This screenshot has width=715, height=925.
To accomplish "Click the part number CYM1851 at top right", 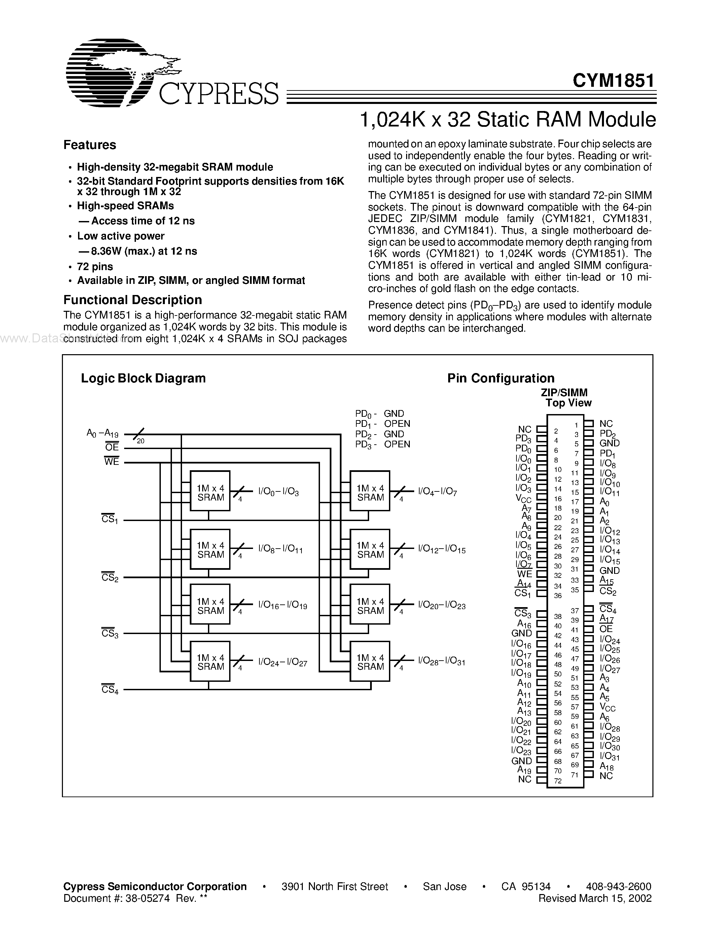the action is click(x=613, y=80).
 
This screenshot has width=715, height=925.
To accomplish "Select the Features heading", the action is click(x=90, y=145).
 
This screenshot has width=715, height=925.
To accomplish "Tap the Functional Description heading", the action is click(x=133, y=300).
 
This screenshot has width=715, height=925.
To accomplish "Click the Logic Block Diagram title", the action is click(x=143, y=378).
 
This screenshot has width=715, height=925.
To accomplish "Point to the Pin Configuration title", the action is click(x=501, y=378).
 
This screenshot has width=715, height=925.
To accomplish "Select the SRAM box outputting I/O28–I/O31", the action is click(x=370, y=661).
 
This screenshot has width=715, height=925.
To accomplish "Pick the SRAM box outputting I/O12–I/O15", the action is click(x=370, y=549).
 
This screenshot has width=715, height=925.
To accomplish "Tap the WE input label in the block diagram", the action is click(x=111, y=461).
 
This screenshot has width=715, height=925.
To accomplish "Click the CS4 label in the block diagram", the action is click(x=110, y=690).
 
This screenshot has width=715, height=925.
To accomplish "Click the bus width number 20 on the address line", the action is click(x=141, y=441).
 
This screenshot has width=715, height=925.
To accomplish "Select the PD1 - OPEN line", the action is click(x=383, y=424).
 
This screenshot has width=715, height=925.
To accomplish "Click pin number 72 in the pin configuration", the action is click(x=558, y=781).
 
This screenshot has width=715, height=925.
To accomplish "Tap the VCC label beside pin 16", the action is click(x=523, y=498).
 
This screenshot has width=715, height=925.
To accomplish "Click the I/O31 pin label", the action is click(x=610, y=756).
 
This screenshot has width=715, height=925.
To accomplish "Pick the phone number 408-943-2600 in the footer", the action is click(x=619, y=886).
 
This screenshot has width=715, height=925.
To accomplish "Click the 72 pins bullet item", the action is click(x=95, y=266).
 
